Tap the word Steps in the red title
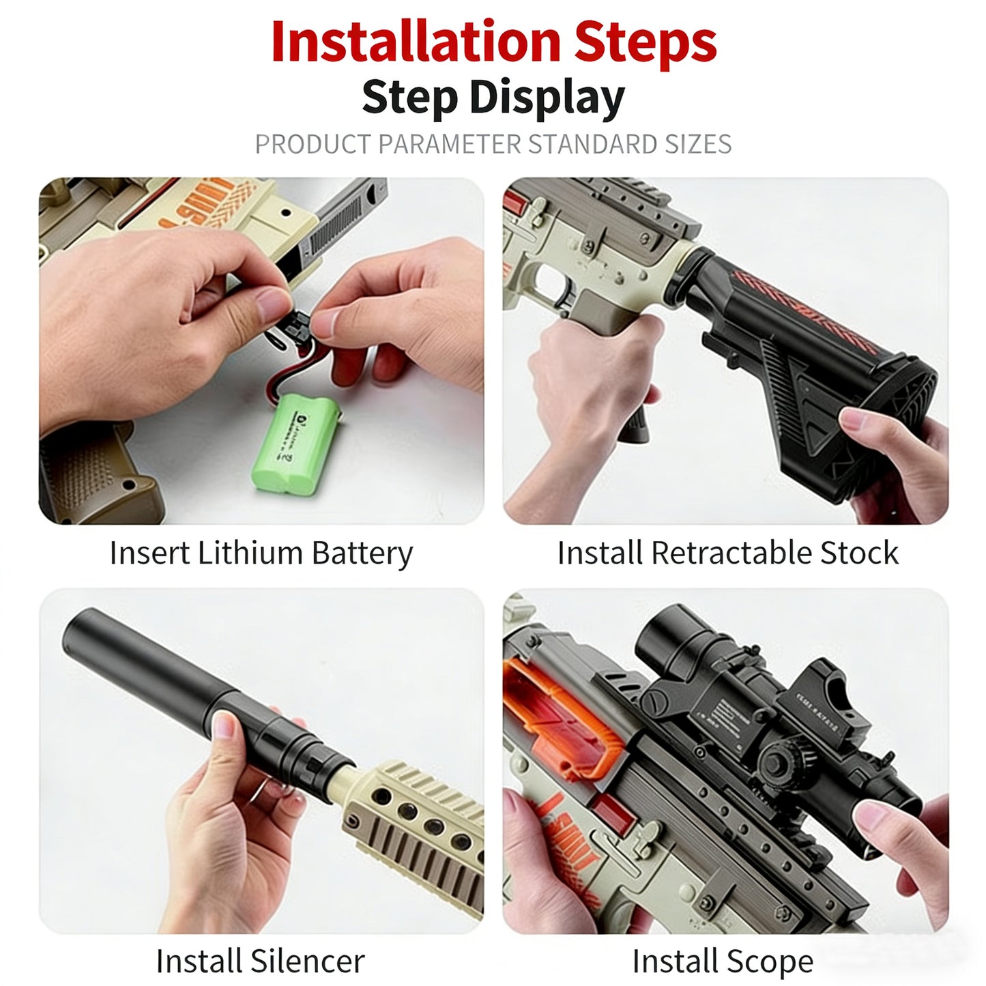(645, 42)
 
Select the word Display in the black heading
(547, 97)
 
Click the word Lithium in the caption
(250, 553)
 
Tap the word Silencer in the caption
(307, 961)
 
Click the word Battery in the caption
(362, 553)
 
